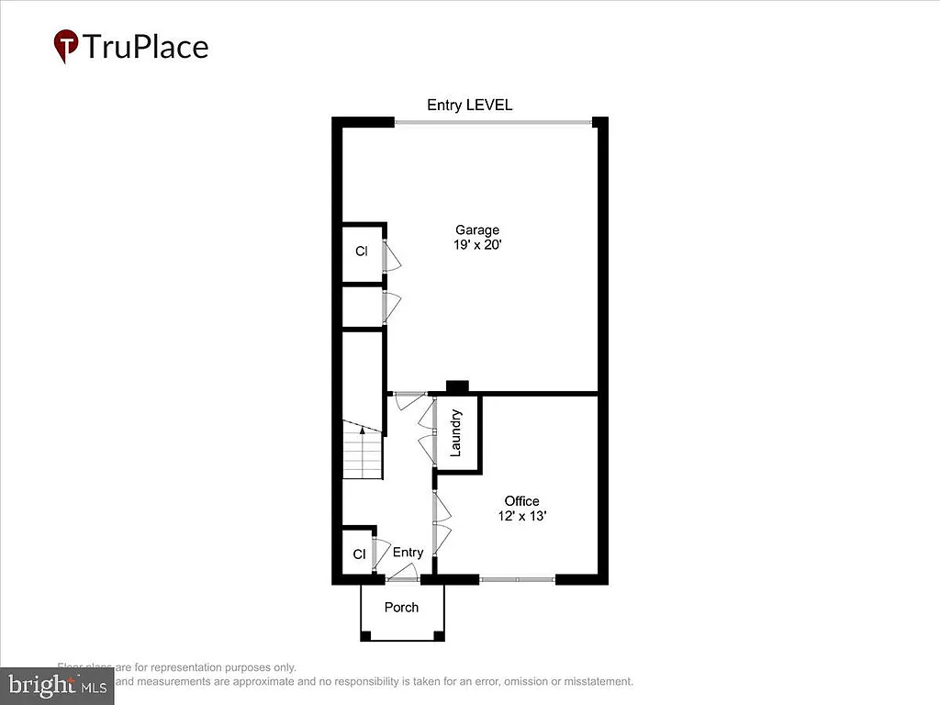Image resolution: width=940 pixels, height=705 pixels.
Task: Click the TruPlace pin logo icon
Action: click(x=65, y=46)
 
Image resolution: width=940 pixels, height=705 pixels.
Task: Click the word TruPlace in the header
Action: click(x=146, y=46)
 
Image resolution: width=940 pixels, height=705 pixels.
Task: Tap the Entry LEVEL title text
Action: click(x=469, y=105)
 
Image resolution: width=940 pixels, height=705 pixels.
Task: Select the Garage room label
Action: click(x=477, y=229)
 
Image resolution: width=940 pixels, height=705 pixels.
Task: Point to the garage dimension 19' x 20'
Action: click(x=477, y=245)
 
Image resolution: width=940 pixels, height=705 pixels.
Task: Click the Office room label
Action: click(x=521, y=500)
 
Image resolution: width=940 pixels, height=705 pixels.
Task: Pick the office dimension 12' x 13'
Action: click(x=521, y=516)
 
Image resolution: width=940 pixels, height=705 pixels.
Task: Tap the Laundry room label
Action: click(x=455, y=433)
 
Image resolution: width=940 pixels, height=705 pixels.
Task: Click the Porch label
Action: click(x=401, y=607)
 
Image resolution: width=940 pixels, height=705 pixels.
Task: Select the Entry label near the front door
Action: click(x=408, y=552)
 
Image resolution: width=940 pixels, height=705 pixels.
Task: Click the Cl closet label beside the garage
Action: click(x=362, y=251)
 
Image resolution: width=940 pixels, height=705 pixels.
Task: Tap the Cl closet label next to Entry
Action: click(x=359, y=554)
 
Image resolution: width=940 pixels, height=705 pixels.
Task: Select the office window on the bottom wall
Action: click(x=517, y=579)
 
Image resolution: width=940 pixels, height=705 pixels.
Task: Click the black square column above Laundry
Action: click(x=456, y=386)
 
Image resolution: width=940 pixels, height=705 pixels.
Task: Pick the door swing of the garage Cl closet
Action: click(x=392, y=255)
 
